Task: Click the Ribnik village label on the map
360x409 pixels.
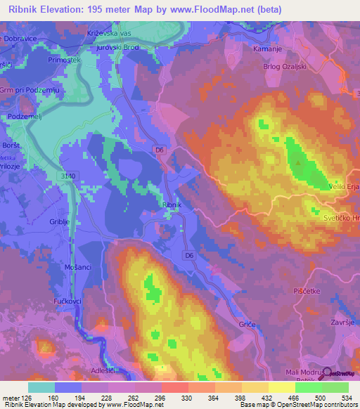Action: pyautogui.click(x=172, y=204)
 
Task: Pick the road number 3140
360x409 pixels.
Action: pyautogui.click(x=67, y=175)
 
